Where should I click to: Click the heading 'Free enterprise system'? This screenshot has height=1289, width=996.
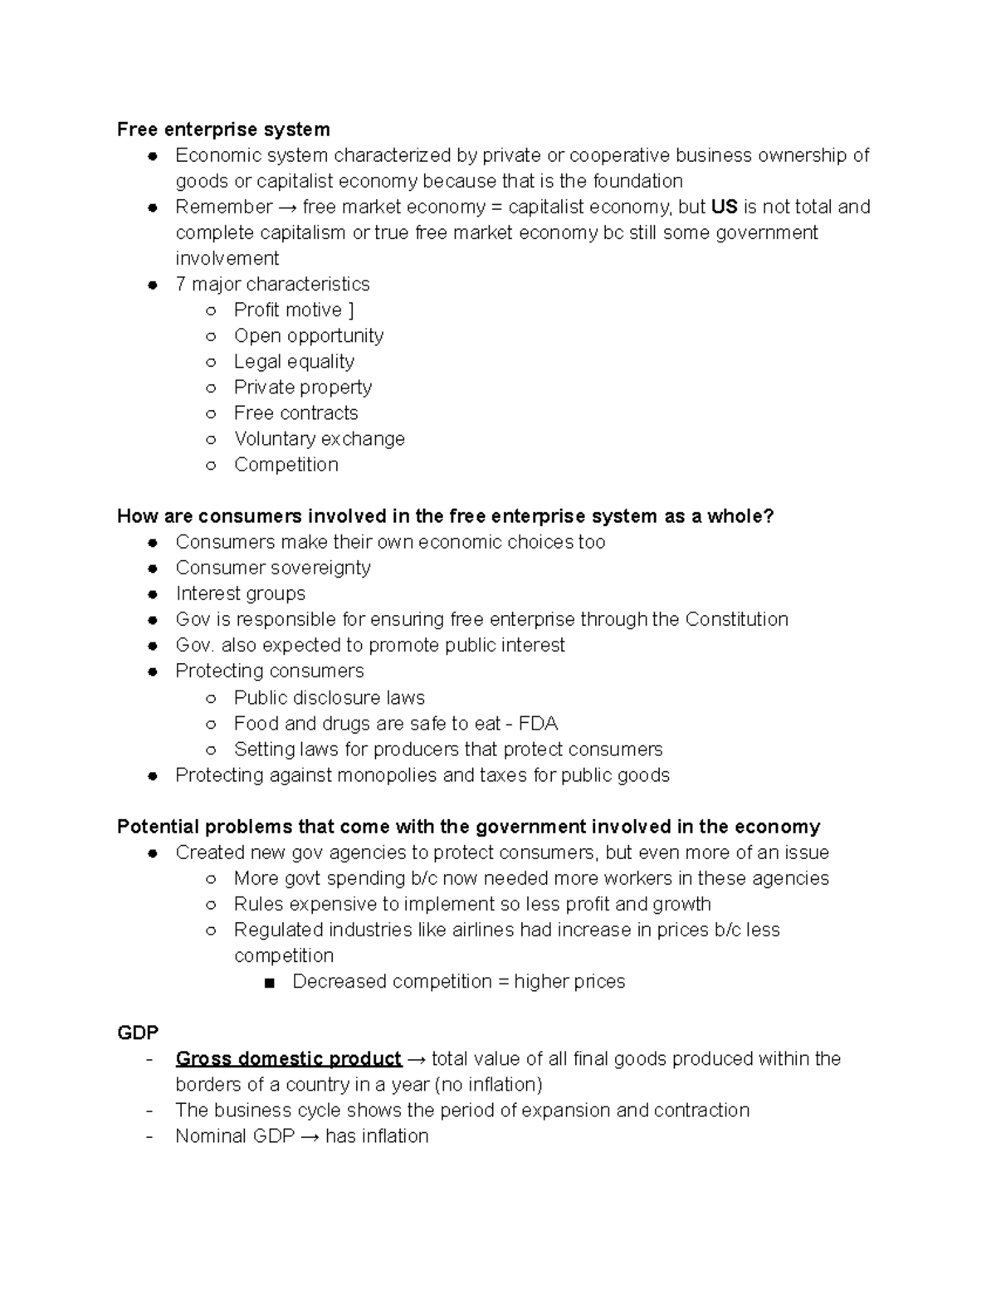tap(223, 129)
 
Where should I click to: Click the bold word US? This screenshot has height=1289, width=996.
tap(725, 207)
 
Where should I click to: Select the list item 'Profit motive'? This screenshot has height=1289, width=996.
tap(287, 310)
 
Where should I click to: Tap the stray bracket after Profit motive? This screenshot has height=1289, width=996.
tap(351, 310)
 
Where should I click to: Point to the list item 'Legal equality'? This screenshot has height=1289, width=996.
tap(294, 361)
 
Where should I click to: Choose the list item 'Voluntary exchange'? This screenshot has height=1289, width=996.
tap(319, 438)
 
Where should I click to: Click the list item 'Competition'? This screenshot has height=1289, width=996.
tap(286, 464)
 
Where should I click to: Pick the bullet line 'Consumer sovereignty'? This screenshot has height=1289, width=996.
tap(273, 568)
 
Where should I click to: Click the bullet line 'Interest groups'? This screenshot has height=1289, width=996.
tap(240, 593)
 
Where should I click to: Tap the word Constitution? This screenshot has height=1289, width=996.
tap(736, 619)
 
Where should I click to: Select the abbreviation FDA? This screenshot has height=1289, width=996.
tap(538, 723)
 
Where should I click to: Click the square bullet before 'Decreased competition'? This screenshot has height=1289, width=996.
tap(268, 983)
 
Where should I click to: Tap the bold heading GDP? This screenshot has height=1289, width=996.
tap(138, 1033)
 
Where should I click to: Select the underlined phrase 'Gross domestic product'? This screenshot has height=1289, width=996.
tap(288, 1059)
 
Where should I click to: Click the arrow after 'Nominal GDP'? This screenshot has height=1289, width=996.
tap(310, 1136)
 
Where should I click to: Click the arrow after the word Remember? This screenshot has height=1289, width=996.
tap(287, 207)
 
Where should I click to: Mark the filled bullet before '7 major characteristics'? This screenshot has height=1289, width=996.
tap(153, 285)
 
